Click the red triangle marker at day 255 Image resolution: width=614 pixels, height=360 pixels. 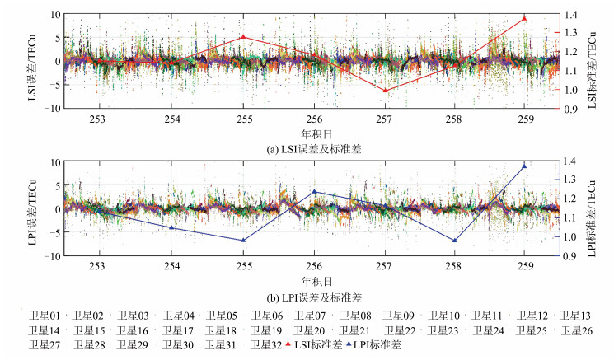click(x=243, y=36)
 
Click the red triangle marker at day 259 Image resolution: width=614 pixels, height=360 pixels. click(x=524, y=18)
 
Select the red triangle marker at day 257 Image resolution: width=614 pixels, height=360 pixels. click(x=384, y=90)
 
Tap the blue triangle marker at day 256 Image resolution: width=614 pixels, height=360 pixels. click(x=314, y=191)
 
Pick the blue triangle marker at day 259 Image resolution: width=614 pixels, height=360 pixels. click(x=524, y=166)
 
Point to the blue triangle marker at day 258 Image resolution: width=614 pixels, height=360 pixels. click(x=454, y=241)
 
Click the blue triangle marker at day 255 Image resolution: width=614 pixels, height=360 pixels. click(x=243, y=241)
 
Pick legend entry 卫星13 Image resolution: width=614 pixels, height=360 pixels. click(x=574, y=316)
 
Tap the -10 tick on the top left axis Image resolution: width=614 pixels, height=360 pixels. click(x=52, y=108)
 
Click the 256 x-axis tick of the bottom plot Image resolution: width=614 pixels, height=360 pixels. click(x=314, y=266)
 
